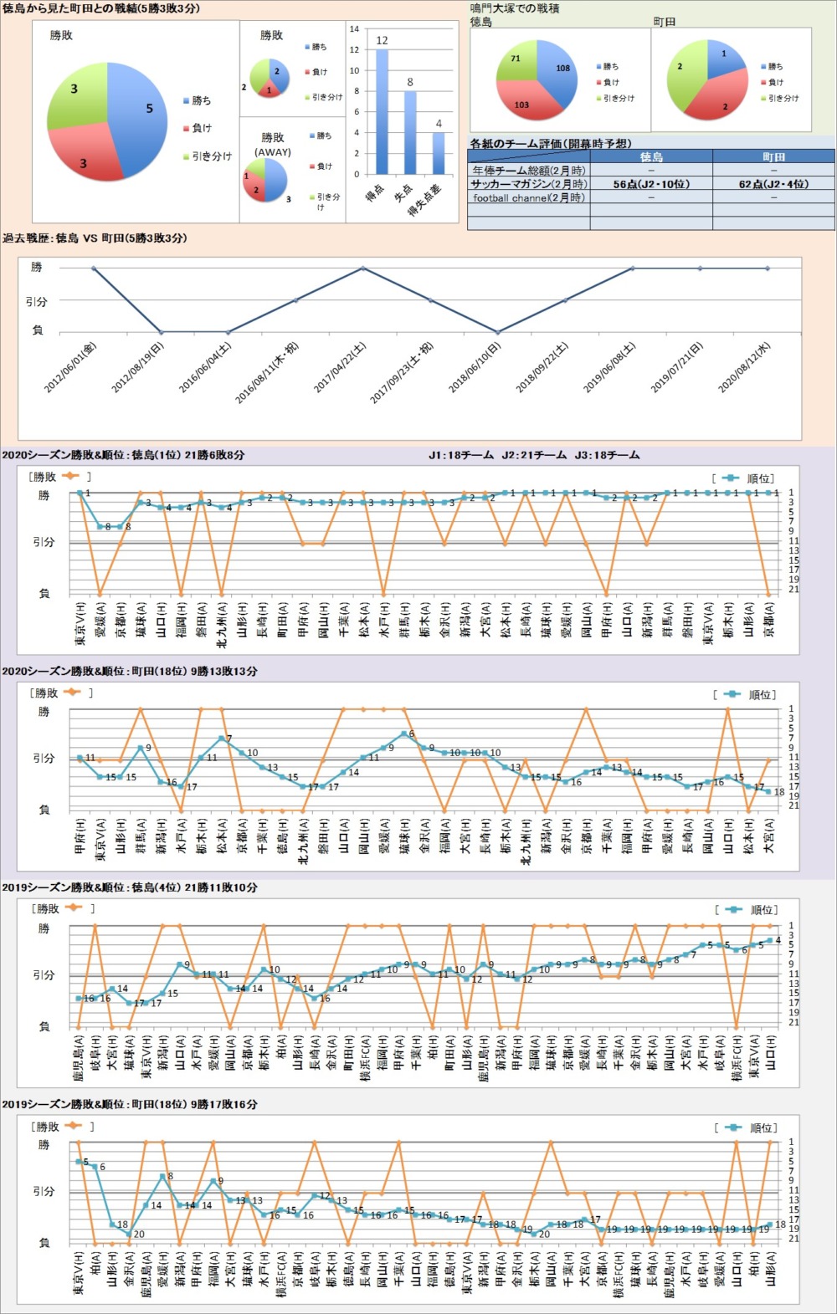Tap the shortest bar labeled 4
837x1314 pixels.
[x=439, y=153]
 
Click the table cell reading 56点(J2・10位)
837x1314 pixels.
[x=651, y=184]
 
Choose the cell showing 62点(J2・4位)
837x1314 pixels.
[x=773, y=184]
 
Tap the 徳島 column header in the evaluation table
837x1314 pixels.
[x=651, y=156]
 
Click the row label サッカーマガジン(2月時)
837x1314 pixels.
[x=528, y=184]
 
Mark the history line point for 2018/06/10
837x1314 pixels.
[x=498, y=332]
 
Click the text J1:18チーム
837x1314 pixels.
[x=461, y=456]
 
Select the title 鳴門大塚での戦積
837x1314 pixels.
[x=514, y=8]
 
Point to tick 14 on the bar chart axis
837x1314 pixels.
[x=354, y=29]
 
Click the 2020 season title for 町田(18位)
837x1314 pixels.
[x=130, y=672]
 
